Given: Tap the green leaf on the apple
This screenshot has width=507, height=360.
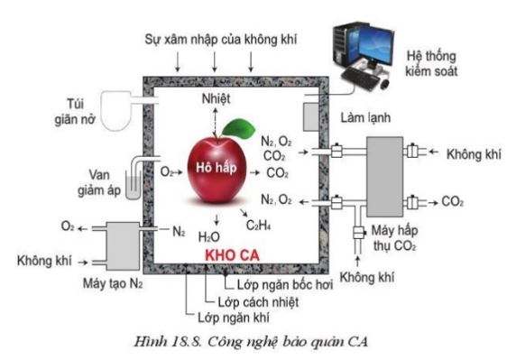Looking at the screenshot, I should coord(236,128).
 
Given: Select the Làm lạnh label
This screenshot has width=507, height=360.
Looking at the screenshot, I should coord(364,118).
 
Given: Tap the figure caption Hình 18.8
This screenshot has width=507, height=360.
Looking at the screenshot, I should coord(253,341).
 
